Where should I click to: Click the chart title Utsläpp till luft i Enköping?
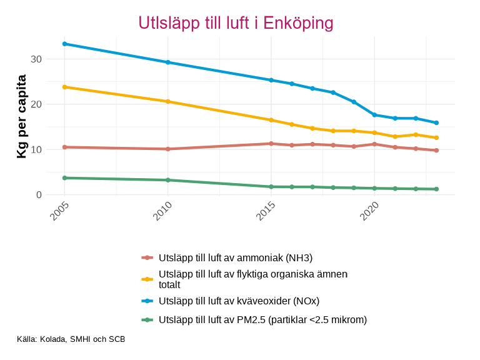coord(236,23)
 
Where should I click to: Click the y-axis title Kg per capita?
coord(21,116)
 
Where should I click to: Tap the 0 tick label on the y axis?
coord(39,195)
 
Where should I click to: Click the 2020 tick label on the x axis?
coord(368,210)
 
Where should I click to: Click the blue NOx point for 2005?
coord(64,44)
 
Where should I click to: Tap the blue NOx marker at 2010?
coord(167,62)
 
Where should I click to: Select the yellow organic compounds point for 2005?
coord(64,87)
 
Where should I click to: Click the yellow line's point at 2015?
coord(271,120)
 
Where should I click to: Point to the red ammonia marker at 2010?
coord(167,149)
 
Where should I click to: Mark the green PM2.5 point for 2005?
coord(64,178)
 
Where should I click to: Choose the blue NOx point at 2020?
coord(374,115)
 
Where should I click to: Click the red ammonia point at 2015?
coord(271,144)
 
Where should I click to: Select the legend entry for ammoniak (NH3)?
coord(235,257)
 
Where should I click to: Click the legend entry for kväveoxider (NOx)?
coord(239,301)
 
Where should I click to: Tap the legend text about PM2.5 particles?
coord(262,320)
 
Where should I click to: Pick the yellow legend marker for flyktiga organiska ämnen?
coord(147,279)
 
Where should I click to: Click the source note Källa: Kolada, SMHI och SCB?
coord(71,339)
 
